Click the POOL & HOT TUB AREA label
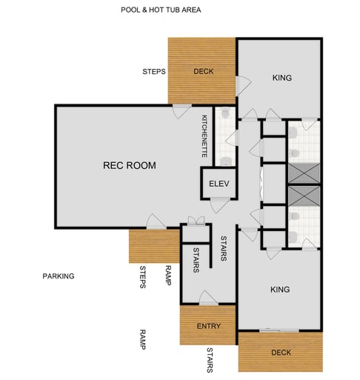(x=161, y=10)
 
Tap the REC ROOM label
(x=129, y=166)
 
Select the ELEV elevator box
(x=217, y=184)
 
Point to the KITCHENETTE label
(x=205, y=136)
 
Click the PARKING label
(x=59, y=276)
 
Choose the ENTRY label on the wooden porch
(x=208, y=326)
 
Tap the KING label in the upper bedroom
(x=281, y=78)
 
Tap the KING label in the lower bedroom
(x=280, y=290)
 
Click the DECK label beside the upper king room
(x=203, y=72)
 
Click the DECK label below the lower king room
(x=281, y=353)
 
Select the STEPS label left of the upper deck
(x=154, y=72)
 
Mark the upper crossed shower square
(x=303, y=173)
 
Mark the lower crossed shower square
(x=303, y=196)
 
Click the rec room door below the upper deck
(x=180, y=111)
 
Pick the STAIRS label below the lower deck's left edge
(x=210, y=360)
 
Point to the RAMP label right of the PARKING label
(x=168, y=276)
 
